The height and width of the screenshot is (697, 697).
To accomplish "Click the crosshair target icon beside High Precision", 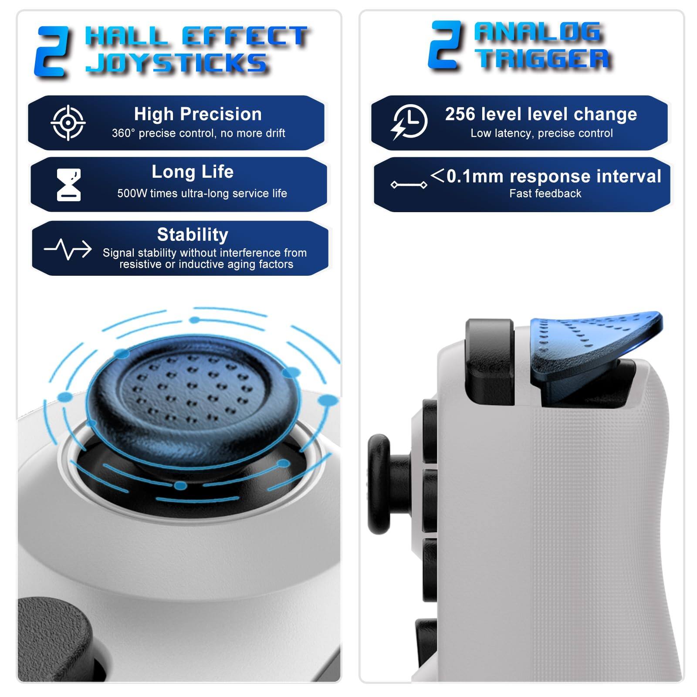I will (68, 123).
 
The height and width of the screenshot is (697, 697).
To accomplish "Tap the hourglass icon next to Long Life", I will (69, 185).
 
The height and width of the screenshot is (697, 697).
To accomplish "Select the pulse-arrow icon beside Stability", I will (68, 249).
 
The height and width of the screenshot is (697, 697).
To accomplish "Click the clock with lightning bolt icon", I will (409, 122).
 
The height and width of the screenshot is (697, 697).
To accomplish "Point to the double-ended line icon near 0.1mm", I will (409, 185).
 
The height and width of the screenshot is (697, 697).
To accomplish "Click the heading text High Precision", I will (198, 114).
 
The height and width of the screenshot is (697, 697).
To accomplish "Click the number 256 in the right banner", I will (460, 114).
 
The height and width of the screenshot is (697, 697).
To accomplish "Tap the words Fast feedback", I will (545, 193).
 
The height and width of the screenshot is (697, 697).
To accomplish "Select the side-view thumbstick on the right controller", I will (383, 484).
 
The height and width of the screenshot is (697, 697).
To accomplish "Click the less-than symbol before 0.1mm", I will (437, 176).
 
